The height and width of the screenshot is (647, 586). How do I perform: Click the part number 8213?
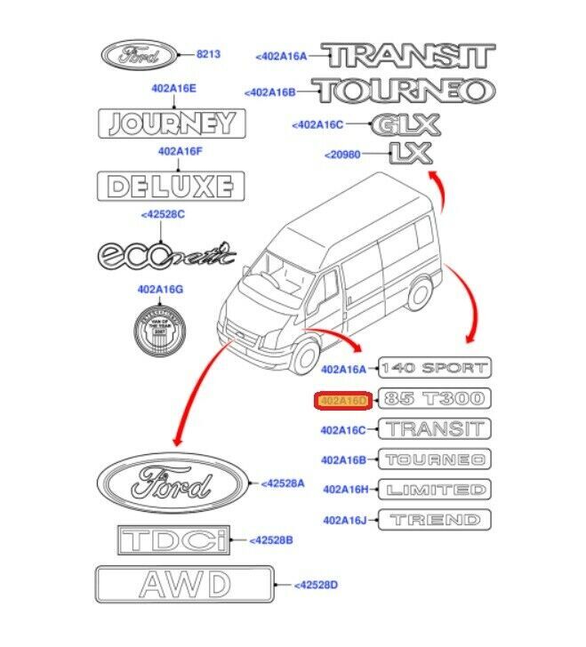[209, 54]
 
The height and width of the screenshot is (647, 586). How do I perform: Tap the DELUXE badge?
[169, 186]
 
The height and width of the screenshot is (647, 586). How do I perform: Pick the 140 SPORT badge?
[434, 367]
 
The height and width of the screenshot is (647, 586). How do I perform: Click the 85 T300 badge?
[434, 398]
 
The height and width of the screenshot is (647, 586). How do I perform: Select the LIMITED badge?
[434, 490]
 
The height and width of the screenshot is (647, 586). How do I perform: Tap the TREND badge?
[434, 520]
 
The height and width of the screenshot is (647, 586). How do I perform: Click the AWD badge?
[183, 585]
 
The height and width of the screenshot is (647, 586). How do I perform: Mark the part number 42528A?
[283, 483]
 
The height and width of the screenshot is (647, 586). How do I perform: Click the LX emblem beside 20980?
[410, 155]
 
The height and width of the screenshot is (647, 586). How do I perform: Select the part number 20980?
[344, 155]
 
